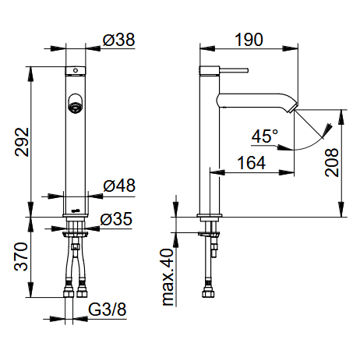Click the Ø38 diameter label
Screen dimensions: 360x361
click(x=118, y=40)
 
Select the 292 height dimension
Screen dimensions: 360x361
click(x=22, y=142)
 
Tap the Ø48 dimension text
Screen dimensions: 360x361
click(x=119, y=186)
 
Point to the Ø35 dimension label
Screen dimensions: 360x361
click(x=116, y=219)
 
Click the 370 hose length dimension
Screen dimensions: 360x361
click(x=21, y=257)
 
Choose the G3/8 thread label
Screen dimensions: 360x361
click(x=108, y=310)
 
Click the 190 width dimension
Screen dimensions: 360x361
click(x=249, y=40)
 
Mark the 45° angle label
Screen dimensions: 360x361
click(x=265, y=136)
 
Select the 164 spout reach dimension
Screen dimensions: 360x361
click(x=252, y=163)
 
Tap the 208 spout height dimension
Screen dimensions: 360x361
click(x=332, y=163)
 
